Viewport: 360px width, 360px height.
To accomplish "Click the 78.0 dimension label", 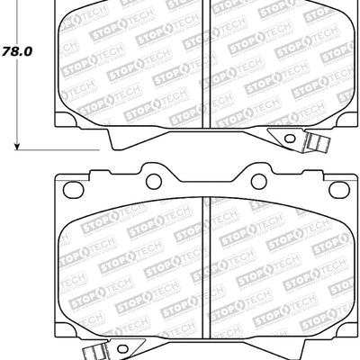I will tap(16, 51).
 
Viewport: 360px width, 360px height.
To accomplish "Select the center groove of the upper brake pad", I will tap(205, 63).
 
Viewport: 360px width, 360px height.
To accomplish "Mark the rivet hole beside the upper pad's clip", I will tap(290, 137).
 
